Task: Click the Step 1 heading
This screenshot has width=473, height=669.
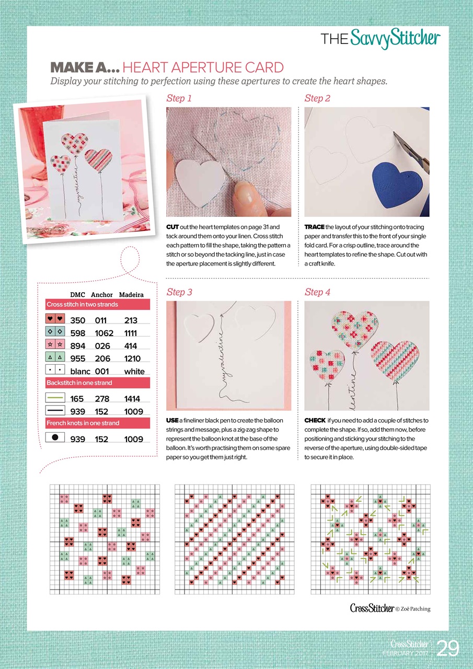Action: click(x=179, y=98)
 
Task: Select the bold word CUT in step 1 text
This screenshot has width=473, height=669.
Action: click(x=172, y=227)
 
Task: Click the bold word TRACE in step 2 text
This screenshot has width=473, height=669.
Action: click(x=314, y=227)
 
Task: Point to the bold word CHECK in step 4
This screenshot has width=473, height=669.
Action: click(x=315, y=420)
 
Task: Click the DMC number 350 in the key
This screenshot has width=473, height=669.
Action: click(x=78, y=320)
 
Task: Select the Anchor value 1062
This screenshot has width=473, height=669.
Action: click(x=104, y=333)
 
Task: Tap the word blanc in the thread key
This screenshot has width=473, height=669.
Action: click(x=80, y=372)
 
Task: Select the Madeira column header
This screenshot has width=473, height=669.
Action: click(x=131, y=295)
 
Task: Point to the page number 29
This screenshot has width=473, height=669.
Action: click(x=448, y=648)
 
